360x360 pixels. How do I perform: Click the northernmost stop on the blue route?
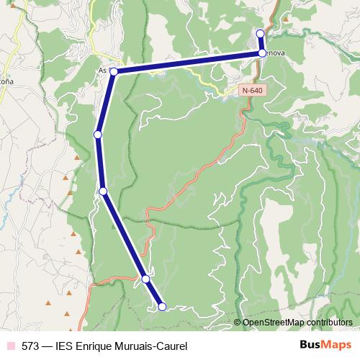[x=261, y=34]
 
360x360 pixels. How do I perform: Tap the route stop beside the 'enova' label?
[x=262, y=53]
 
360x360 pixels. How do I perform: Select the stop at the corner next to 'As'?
[x=113, y=71]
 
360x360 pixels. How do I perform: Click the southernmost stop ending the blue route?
[x=162, y=307]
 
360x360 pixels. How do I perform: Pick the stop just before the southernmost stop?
[x=145, y=279]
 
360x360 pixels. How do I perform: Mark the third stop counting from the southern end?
[x=104, y=191]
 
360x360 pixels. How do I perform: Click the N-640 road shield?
[x=252, y=91]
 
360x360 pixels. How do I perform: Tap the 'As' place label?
[x=102, y=71]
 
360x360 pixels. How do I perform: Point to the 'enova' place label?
[x=276, y=53]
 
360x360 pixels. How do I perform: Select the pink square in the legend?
[x=10, y=346]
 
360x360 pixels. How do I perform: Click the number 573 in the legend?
[x=31, y=346]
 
